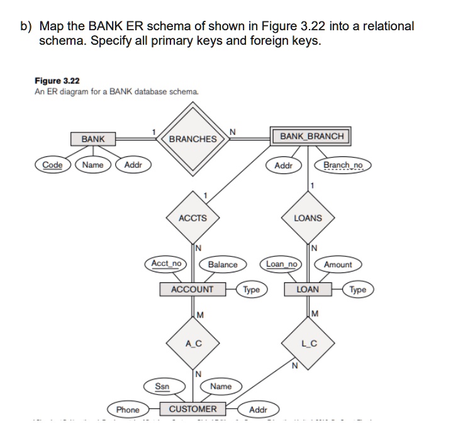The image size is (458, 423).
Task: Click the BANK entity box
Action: tap(93, 139)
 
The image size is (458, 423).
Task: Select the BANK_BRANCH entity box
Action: tap(311, 136)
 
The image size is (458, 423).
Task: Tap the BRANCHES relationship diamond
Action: tap(193, 139)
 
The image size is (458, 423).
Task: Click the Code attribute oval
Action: tap(52, 165)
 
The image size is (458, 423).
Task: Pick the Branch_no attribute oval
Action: tap(343, 165)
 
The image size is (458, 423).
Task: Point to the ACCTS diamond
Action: tap(192, 218)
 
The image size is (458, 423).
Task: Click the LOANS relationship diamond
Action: tap(308, 218)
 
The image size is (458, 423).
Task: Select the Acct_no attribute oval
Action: tap(167, 264)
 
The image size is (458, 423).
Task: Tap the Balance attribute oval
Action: tap(222, 265)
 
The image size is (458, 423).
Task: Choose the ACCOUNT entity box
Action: tap(192, 289)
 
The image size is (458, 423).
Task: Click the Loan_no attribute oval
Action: tap(281, 264)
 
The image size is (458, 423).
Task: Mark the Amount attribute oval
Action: tap(338, 265)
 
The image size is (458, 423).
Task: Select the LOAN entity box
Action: tap(308, 289)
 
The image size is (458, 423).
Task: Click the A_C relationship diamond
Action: tap(193, 344)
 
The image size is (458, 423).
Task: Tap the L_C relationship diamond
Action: tap(308, 344)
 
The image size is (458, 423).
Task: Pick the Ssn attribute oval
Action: tap(162, 386)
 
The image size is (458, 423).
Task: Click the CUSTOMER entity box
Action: tap(192, 409)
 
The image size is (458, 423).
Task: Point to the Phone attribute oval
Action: tap(128, 410)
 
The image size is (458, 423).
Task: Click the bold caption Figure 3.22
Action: tap(57, 81)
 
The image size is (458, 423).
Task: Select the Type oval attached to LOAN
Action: tap(357, 290)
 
